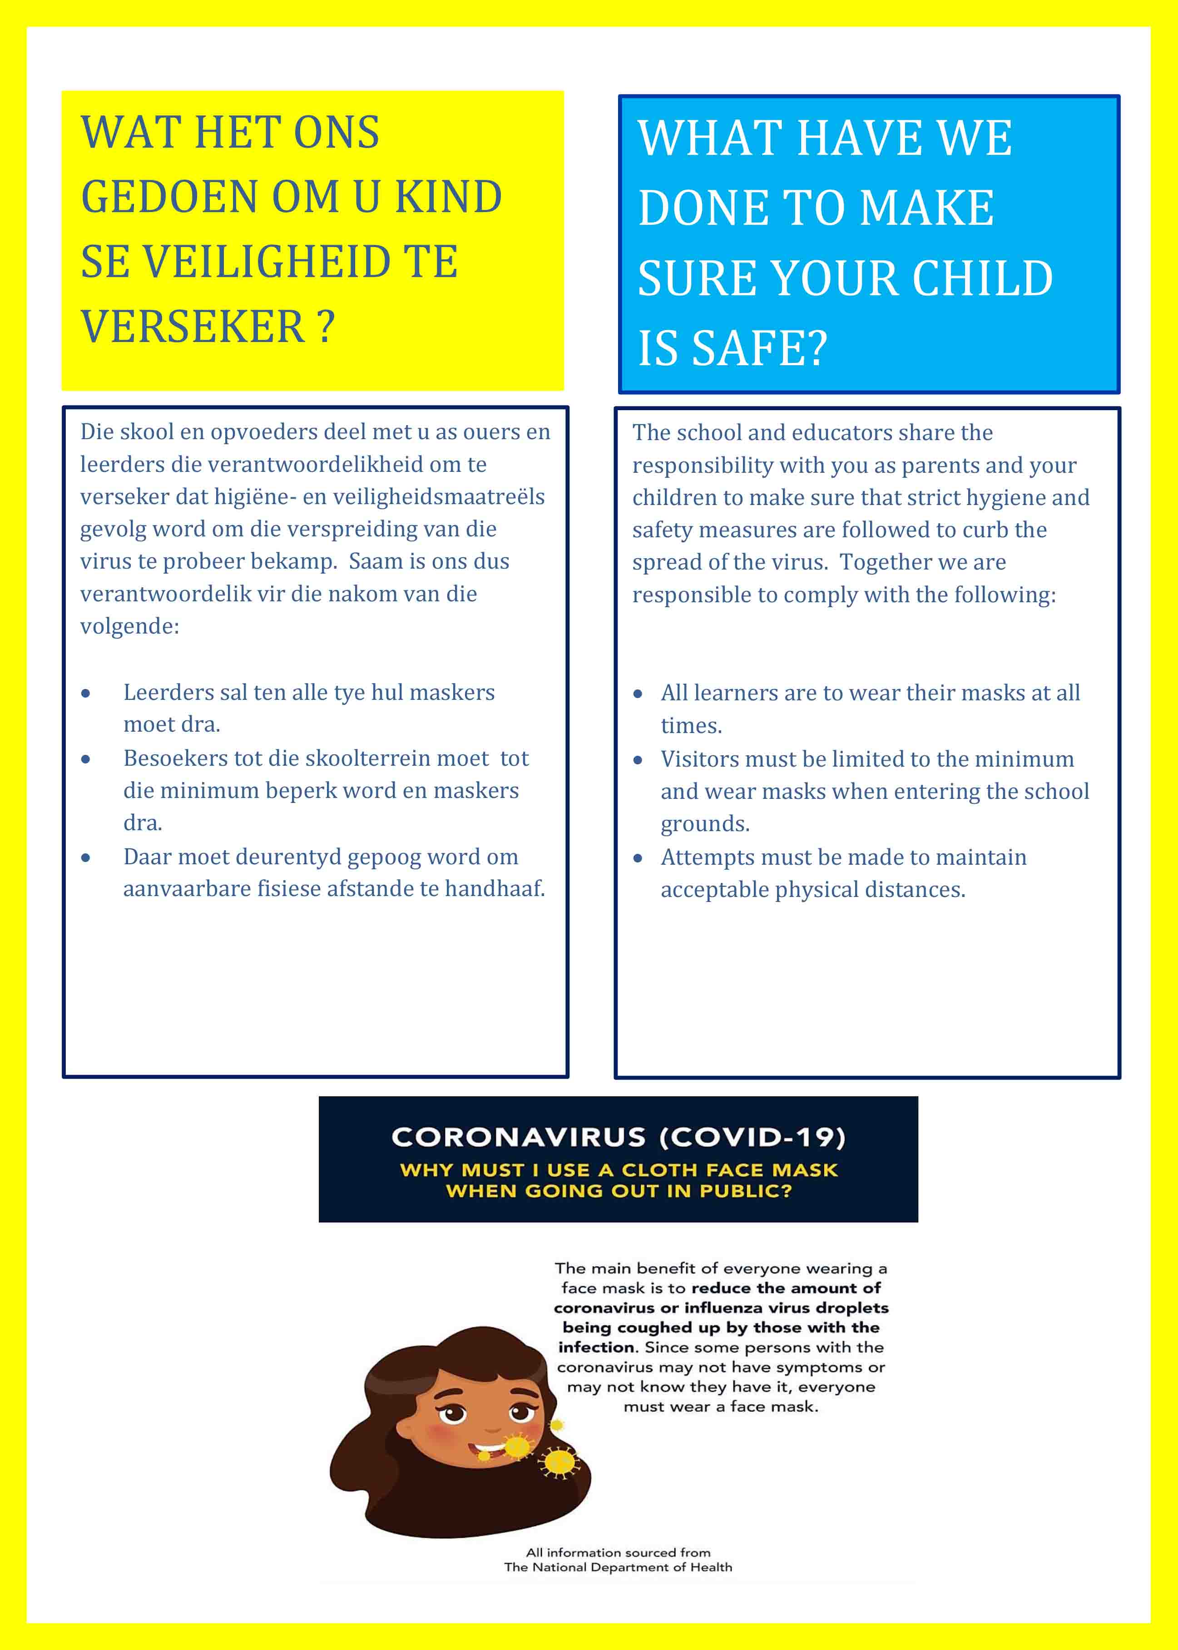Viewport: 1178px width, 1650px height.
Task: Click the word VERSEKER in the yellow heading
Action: (192, 327)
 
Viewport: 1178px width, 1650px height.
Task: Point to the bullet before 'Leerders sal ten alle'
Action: (85, 694)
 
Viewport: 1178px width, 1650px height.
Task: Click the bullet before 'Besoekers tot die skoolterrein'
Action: (85, 759)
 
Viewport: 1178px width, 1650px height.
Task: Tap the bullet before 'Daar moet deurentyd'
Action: (85, 858)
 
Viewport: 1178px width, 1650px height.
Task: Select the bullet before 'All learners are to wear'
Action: (638, 694)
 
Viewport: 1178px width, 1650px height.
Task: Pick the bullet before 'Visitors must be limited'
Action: (638, 760)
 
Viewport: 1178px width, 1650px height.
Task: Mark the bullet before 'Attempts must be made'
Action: (638, 859)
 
